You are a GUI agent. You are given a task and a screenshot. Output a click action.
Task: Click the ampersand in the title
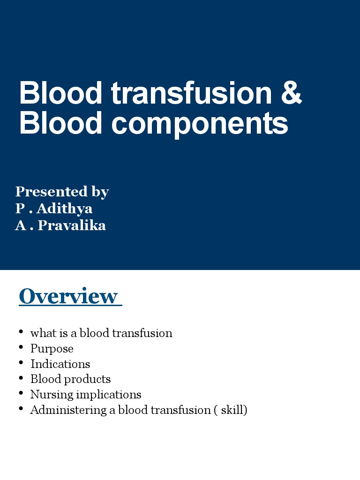click(x=292, y=93)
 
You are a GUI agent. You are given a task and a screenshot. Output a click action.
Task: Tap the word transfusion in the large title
click(x=191, y=93)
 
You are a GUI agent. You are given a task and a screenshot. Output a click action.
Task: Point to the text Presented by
click(x=62, y=192)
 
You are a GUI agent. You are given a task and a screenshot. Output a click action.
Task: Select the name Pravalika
click(x=72, y=225)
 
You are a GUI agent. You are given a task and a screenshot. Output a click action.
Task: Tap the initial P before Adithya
click(x=19, y=209)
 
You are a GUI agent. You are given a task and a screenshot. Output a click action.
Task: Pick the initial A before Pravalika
click(x=20, y=225)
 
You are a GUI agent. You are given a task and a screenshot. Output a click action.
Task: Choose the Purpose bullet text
click(x=52, y=349)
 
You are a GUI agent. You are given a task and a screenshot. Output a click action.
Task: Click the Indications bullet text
click(x=60, y=364)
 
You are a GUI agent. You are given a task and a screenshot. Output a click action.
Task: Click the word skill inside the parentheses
click(x=233, y=410)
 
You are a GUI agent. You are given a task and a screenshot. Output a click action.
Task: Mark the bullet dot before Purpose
click(x=21, y=347)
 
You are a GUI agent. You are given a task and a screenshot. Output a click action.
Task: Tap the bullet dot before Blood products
click(x=21, y=378)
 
